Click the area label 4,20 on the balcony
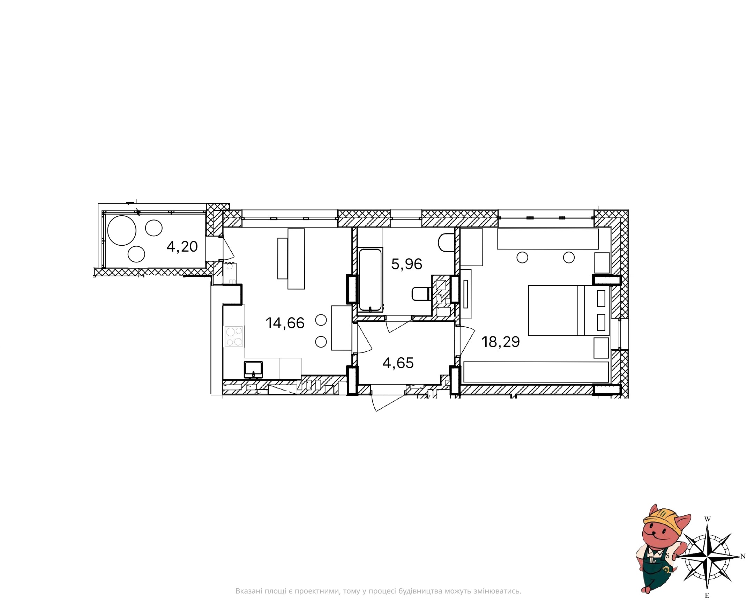(x=182, y=247)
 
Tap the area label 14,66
(x=285, y=323)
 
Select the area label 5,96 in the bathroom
(x=406, y=264)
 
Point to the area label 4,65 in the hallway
(x=398, y=363)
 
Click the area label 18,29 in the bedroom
(x=501, y=342)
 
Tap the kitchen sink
(x=254, y=370)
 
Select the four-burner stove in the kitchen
(x=234, y=336)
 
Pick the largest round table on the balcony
(x=122, y=230)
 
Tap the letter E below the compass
(x=707, y=596)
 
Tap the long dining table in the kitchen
(x=296, y=259)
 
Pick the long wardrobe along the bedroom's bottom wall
(x=536, y=372)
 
